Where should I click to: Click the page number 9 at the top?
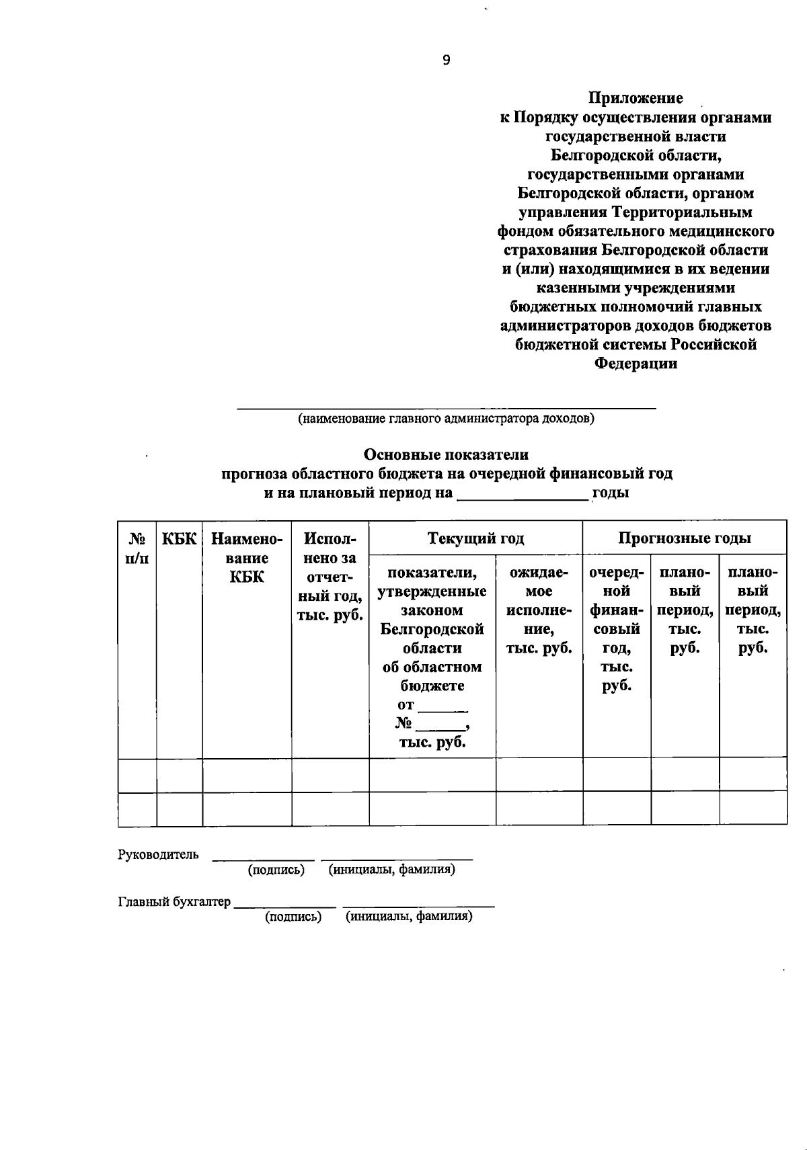tap(447, 60)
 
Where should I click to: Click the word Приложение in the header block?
tap(636, 98)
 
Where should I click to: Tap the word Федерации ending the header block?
tap(636, 364)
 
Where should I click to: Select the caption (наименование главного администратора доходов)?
tap(446, 419)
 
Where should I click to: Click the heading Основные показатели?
tap(447, 455)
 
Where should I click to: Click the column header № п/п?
tap(137, 548)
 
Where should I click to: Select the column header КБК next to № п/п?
tap(180, 539)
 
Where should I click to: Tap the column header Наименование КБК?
tap(247, 557)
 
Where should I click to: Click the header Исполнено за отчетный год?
tap(330, 577)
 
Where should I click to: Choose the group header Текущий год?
tap(475, 538)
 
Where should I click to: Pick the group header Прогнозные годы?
tap(684, 538)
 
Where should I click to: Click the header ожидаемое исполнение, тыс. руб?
tap(539, 610)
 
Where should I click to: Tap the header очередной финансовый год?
tap(616, 628)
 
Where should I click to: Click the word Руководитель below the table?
tap(158, 854)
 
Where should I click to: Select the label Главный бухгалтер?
tap(174, 902)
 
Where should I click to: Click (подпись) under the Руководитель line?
tap(276, 870)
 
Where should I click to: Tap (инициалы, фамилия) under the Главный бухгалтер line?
tap(409, 917)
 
